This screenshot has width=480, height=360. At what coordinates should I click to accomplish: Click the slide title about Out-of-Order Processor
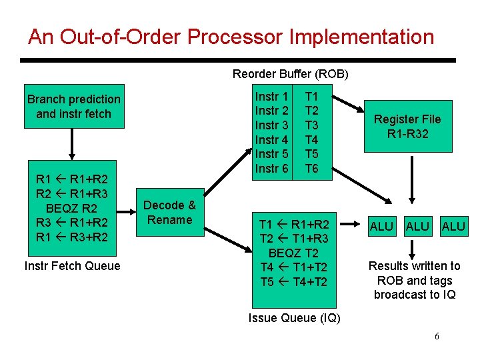tap(231, 37)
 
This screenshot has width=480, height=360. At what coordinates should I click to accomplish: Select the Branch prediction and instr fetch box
tap(73, 107)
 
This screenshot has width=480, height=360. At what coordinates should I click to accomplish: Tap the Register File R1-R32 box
tap(407, 127)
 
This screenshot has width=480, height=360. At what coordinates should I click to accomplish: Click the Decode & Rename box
tap(169, 213)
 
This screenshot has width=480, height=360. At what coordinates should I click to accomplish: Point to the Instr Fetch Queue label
tap(72, 266)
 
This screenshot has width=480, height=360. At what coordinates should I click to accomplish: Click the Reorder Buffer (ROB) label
tap(290, 73)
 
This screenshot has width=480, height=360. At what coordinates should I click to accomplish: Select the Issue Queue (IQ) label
tap(294, 318)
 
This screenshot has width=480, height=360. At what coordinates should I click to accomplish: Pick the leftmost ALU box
tap(381, 227)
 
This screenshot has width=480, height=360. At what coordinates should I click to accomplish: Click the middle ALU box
tap(417, 227)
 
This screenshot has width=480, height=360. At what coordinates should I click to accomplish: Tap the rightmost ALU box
tap(453, 227)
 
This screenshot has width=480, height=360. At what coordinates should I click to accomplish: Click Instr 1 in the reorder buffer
tap(272, 97)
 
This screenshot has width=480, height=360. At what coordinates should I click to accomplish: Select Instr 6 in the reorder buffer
tap(272, 169)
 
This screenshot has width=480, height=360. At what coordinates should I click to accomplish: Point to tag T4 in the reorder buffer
tap(311, 140)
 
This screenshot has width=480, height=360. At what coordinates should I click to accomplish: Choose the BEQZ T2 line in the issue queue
tap(293, 253)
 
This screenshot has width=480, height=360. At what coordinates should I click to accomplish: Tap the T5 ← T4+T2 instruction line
tap(293, 282)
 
